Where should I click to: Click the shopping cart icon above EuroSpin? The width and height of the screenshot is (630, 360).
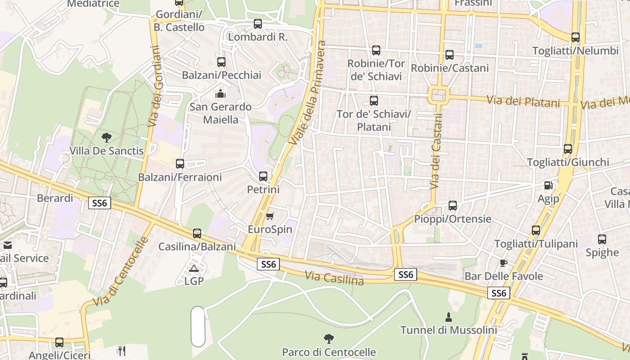pyautogui.click(x=270, y=216)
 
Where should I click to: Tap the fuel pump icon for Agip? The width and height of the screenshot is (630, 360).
pyautogui.click(x=548, y=185)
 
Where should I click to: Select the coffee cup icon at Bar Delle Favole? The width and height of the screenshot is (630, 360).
pyautogui.click(x=504, y=263)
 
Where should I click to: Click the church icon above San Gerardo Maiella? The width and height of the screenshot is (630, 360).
pyautogui.click(x=220, y=94)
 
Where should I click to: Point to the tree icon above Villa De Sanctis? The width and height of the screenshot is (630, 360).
pyautogui.click(x=107, y=137)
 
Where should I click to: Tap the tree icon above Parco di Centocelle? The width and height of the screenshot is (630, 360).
pyautogui.click(x=329, y=338)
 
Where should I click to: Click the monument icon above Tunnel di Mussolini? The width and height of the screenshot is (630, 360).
pyautogui.click(x=449, y=316)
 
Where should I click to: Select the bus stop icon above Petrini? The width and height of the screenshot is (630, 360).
pyautogui.click(x=263, y=176)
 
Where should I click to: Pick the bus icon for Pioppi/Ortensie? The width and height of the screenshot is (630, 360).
pyautogui.click(x=453, y=206)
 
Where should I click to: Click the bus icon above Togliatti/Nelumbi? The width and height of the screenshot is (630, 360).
pyautogui.click(x=576, y=37)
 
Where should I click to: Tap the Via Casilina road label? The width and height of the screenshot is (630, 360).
pyautogui.click(x=334, y=278)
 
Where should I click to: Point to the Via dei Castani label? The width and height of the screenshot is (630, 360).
pyautogui.click(x=436, y=151)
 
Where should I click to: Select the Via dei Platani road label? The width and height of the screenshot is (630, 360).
pyautogui.click(x=524, y=101)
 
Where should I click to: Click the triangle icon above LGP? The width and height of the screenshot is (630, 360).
pyautogui.click(x=194, y=269)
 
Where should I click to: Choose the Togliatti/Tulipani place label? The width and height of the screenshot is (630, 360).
pyautogui.click(x=536, y=244)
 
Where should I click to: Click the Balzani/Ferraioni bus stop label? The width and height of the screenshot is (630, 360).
pyautogui.click(x=180, y=177)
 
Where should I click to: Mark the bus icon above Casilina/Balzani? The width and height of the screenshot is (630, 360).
pyautogui.click(x=197, y=234)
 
